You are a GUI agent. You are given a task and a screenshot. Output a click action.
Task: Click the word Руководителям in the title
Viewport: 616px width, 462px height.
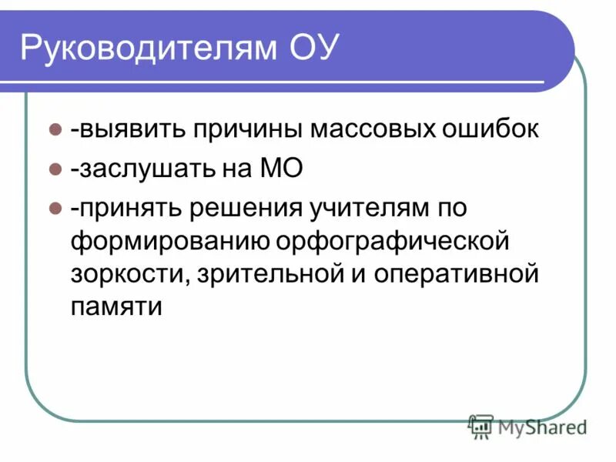[x=146, y=49]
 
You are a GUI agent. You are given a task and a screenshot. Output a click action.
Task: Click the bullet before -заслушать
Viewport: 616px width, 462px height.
[x=55, y=169]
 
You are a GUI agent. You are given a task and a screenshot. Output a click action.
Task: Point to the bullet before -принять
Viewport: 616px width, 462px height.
[x=55, y=209]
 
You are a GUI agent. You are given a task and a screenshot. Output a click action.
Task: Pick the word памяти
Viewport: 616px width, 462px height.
[x=117, y=307]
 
